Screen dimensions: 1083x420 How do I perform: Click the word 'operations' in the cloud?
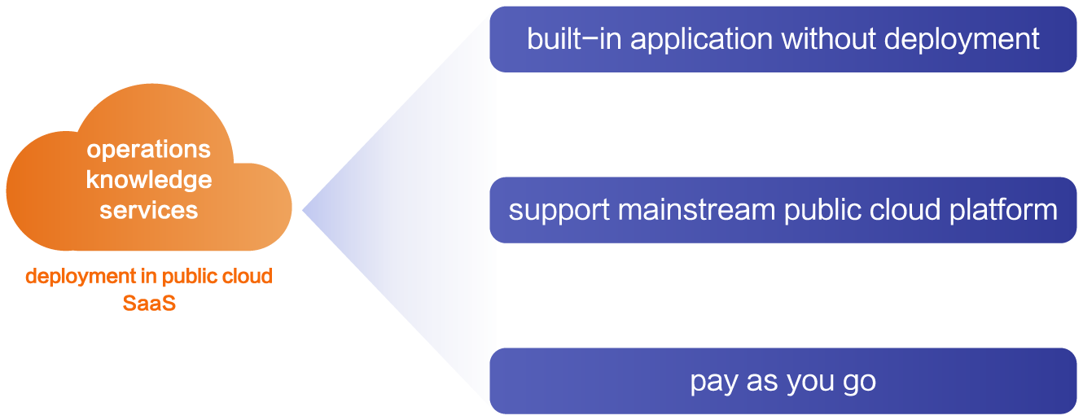148,150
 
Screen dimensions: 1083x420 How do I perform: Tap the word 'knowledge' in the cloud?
149,180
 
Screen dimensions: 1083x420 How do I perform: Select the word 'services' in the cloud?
149,210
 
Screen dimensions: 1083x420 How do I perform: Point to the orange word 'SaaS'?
149,303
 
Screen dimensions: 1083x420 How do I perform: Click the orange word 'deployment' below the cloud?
81,277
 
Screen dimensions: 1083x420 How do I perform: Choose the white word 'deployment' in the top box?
962,40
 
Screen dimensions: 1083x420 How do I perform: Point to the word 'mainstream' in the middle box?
697,210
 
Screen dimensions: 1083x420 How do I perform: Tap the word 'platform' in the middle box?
1003,211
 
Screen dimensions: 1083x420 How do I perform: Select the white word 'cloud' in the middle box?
905,209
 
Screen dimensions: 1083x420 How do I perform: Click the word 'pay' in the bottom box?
714,383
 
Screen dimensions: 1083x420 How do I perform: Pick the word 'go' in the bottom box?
859,383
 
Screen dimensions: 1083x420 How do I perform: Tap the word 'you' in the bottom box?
810,383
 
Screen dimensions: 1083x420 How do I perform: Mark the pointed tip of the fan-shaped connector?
303,210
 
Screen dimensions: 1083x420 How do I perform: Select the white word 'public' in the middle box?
822,211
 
